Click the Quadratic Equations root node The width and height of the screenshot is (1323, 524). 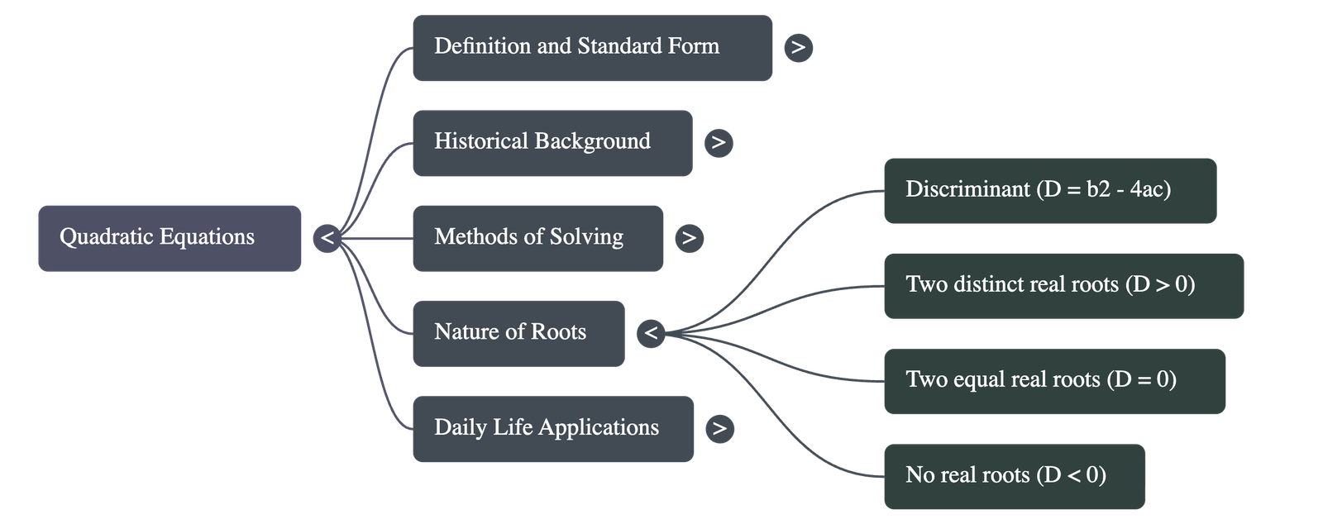(170, 238)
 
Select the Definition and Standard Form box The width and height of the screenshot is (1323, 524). (592, 48)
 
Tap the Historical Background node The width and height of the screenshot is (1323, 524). (552, 143)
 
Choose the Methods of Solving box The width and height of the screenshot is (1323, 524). (537, 238)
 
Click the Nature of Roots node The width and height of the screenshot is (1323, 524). (518, 333)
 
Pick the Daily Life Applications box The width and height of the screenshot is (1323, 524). (552, 428)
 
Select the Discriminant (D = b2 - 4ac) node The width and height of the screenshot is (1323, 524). (1049, 191)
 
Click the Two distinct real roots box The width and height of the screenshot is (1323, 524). (1063, 286)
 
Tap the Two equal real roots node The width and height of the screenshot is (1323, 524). (1054, 381)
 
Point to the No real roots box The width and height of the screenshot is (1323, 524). (1015, 476)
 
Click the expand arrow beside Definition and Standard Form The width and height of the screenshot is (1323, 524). (798, 48)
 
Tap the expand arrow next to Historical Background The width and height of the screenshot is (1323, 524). (719, 143)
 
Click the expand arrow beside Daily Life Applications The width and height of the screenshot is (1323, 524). (719, 428)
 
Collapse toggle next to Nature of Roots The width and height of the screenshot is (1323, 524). (652, 333)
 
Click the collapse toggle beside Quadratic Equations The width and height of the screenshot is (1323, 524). (327, 238)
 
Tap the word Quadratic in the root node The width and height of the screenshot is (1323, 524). (106, 237)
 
